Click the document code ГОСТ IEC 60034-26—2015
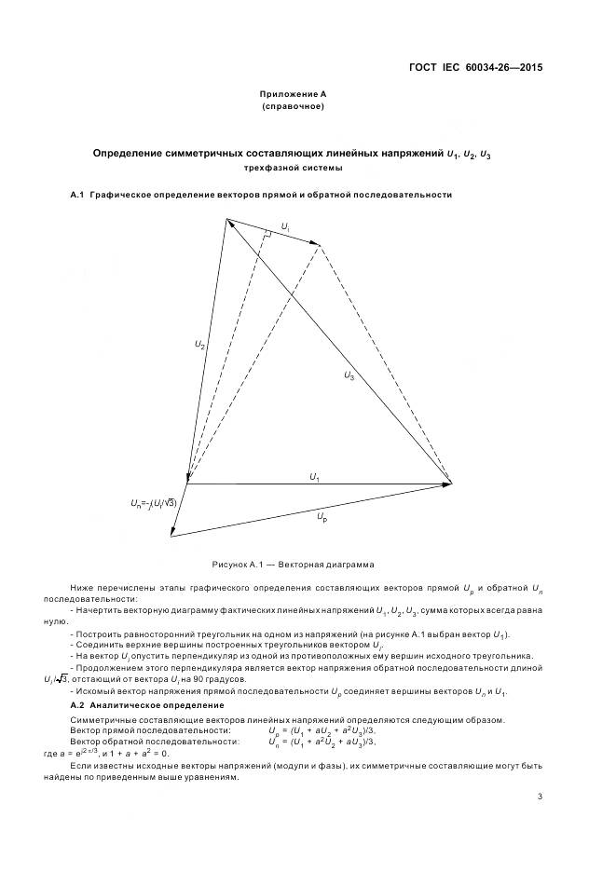[476, 67]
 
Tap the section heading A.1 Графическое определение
[261, 196]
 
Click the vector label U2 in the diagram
[199, 345]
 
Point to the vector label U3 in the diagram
[349, 375]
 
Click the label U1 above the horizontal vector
[315, 477]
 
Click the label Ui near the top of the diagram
[285, 226]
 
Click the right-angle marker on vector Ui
[267, 237]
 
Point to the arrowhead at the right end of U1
[447, 483]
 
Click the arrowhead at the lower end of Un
[172, 534]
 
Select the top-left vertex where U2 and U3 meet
[226, 219]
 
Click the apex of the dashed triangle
[320, 246]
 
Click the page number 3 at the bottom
[540, 796]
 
